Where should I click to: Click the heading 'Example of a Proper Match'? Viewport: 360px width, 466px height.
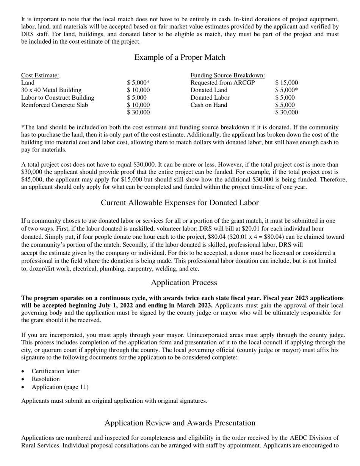coord(180,58)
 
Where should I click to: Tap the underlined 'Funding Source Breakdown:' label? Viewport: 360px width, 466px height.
coord(227,75)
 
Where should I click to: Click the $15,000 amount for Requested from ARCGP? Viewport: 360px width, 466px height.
coord(286,83)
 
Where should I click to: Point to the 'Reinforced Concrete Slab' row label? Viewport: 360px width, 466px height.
coord(55,105)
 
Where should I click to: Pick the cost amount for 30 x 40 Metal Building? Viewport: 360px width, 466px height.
coord(138,90)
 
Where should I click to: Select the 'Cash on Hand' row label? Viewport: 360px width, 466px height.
coord(208,105)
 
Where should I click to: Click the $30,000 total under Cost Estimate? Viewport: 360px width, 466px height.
coord(138,113)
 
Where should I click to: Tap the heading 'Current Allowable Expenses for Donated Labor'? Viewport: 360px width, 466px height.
coord(180,203)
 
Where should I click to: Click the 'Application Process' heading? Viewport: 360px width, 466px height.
coord(184,283)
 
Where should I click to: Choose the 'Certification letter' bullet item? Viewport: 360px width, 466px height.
coord(55,371)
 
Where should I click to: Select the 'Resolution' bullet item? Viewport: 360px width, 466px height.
coord(45,379)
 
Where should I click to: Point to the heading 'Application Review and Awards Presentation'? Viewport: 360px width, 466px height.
coord(180,423)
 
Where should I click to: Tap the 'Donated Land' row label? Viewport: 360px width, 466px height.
coord(209,90)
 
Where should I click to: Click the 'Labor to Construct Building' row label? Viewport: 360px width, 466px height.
coord(58,98)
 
